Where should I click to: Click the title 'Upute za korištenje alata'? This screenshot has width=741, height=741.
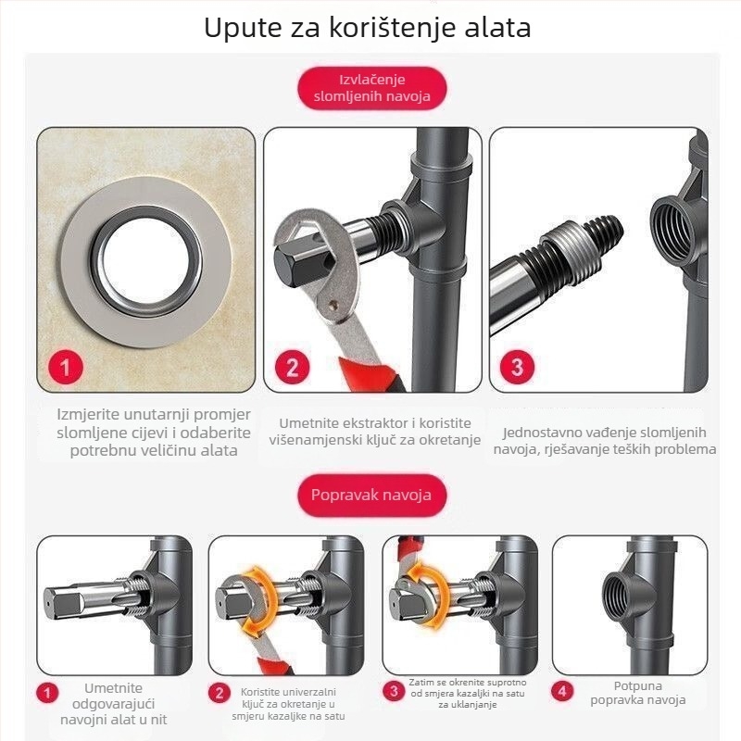(368, 28)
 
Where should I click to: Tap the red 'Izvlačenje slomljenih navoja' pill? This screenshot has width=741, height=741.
(372, 88)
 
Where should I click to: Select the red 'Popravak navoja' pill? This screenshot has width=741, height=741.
(372, 496)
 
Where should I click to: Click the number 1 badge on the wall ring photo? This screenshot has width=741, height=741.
(66, 367)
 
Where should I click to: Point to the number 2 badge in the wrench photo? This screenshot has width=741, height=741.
(292, 367)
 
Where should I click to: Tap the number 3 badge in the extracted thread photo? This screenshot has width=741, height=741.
(517, 367)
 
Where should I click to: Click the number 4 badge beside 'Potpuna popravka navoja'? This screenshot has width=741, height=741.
(562, 692)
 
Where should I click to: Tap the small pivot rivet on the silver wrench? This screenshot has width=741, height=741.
(336, 307)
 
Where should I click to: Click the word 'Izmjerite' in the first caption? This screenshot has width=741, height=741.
(88, 414)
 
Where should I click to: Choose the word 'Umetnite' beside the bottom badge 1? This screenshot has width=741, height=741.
(113, 688)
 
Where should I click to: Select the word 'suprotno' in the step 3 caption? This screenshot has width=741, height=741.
(506, 683)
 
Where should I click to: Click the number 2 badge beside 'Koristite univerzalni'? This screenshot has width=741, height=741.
(219, 693)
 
